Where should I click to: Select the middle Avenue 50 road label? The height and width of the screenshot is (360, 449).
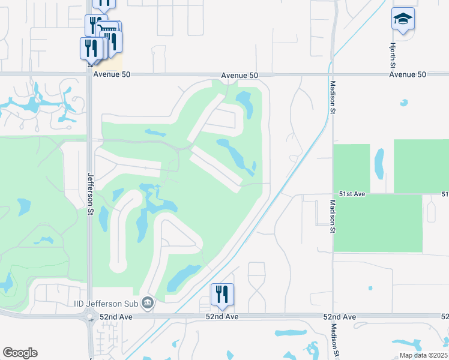click(239, 75)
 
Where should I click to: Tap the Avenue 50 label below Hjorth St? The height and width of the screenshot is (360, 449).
click(407, 75)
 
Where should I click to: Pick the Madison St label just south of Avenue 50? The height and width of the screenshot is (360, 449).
click(332, 95)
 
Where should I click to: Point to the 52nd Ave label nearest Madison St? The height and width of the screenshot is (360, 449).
click(339, 316)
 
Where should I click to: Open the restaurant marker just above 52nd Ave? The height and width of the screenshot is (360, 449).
click(222, 294)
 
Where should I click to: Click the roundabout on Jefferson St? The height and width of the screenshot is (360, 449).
click(91, 317)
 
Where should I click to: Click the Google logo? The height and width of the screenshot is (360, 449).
click(20, 353)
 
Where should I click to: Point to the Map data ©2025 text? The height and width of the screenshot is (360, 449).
click(423, 355)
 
